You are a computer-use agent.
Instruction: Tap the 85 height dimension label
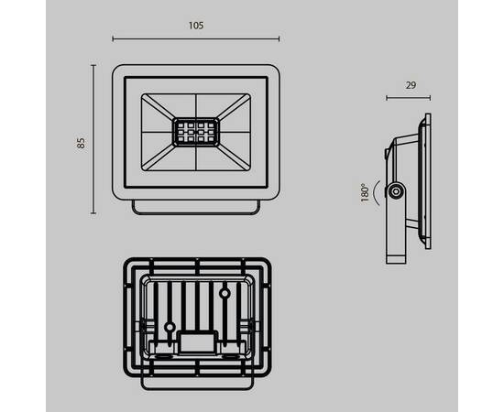point(81,142)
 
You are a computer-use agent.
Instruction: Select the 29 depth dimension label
point(411,85)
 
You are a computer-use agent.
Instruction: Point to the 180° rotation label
point(365,192)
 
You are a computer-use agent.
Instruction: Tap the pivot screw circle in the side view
point(395,191)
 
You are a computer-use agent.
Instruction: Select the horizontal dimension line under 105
point(195,39)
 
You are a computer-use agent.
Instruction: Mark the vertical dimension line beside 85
point(93,138)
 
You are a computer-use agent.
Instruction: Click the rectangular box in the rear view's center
point(196,341)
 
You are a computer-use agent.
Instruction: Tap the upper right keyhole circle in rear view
point(224,295)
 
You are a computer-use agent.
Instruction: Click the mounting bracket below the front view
point(195,208)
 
